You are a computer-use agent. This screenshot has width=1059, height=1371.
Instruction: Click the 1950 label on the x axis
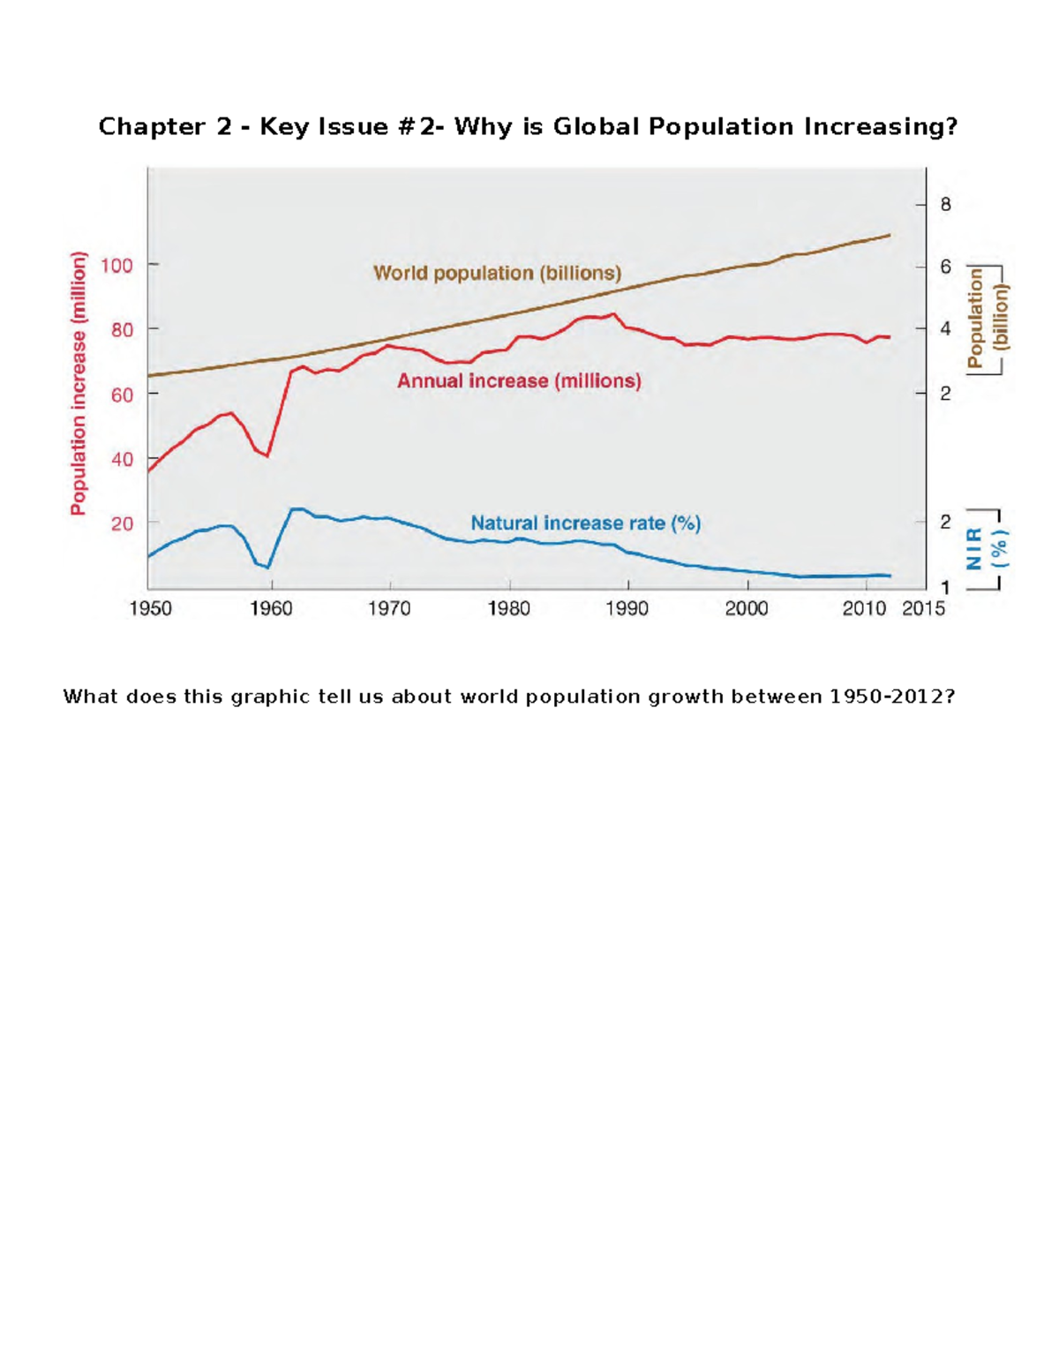150,608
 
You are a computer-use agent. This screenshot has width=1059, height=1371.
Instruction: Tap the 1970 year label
389,608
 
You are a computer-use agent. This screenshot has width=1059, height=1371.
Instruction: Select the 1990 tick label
627,608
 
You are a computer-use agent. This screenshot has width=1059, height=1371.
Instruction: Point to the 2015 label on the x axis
923,608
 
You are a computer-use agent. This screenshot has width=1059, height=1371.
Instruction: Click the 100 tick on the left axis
116,265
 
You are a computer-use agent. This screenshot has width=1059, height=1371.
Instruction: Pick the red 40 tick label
122,459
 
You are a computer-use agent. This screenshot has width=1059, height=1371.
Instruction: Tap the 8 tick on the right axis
946,205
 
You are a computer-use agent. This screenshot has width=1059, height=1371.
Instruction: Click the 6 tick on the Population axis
946,267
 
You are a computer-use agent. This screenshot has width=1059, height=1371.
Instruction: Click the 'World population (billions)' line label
497,273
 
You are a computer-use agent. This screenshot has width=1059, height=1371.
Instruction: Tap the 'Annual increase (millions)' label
519,380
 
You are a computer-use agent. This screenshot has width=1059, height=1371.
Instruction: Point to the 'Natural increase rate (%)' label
585,523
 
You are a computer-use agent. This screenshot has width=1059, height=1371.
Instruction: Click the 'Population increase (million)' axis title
79,383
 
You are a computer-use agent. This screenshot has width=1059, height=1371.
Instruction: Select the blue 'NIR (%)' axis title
987,548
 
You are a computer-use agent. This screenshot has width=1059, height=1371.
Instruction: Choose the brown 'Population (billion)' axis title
988,319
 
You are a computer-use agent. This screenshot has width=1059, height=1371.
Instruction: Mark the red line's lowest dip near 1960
267,456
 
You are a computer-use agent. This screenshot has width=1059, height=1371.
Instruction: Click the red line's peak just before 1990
613,313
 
